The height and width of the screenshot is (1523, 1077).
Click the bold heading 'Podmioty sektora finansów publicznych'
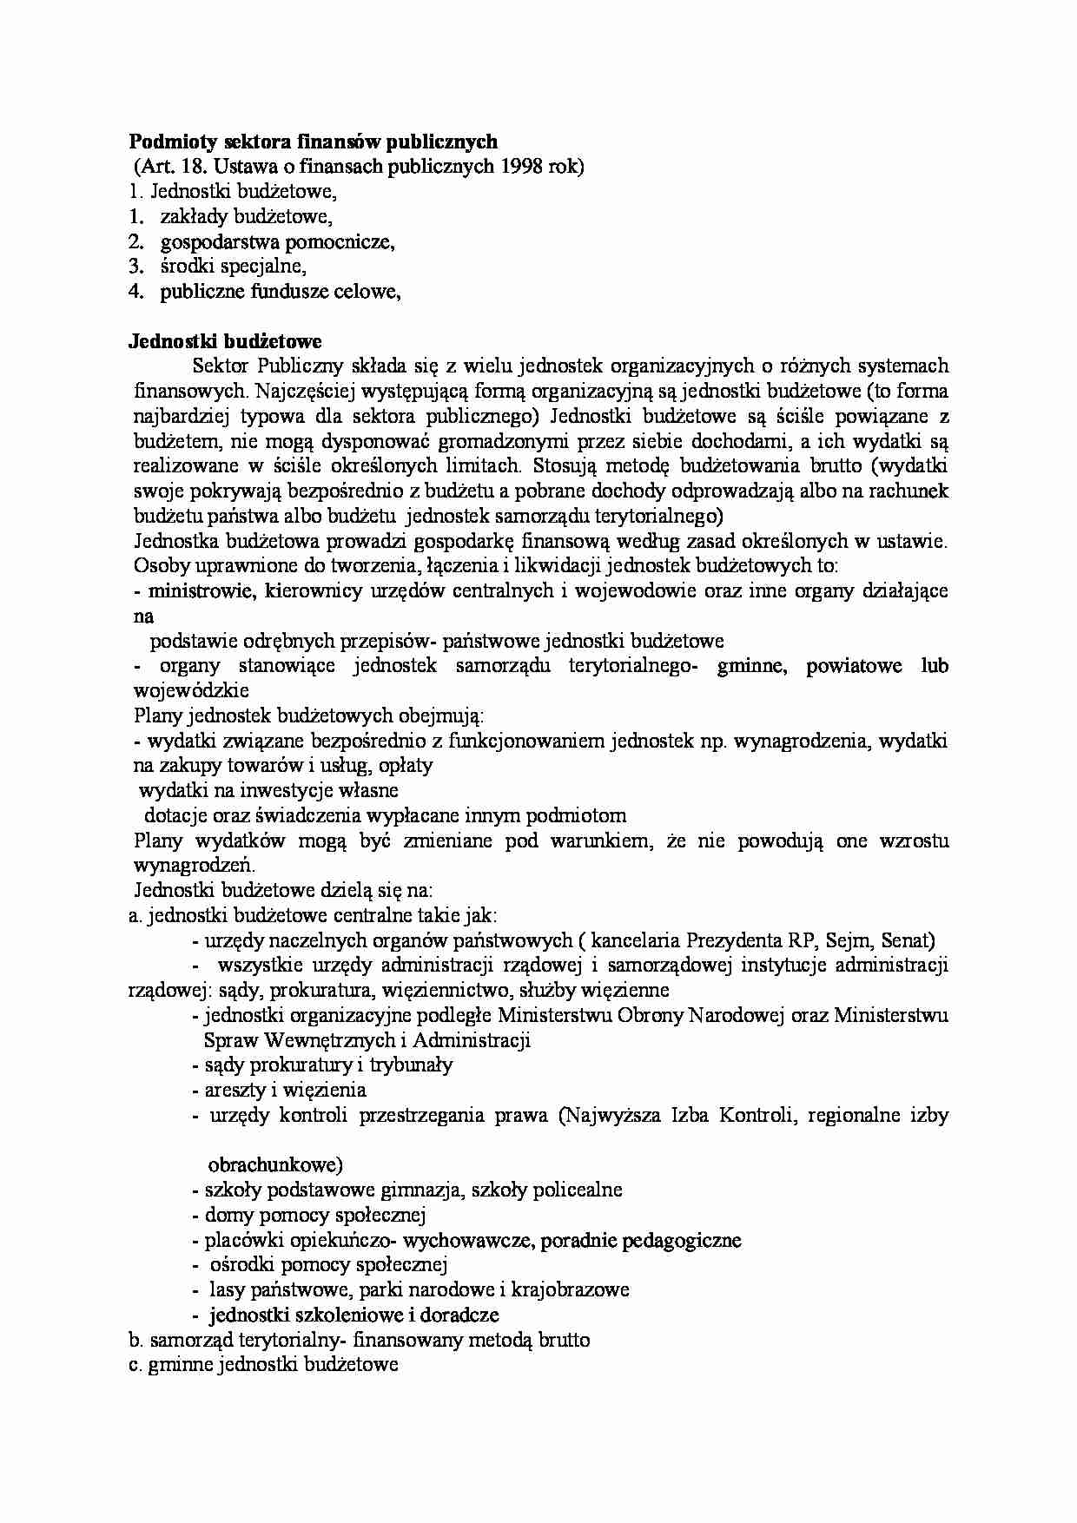point(313,142)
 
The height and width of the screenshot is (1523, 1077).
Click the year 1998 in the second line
point(525,167)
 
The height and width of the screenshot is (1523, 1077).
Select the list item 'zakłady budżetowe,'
point(246,217)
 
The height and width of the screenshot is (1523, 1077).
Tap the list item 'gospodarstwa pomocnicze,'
point(277,242)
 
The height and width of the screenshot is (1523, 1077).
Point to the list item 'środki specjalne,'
point(234,267)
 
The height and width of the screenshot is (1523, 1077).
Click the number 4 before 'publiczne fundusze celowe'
point(135,292)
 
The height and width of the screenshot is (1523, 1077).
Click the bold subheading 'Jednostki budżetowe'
point(225,341)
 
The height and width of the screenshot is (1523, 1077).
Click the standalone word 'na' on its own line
point(143,616)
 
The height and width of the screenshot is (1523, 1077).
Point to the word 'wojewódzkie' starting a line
point(190,691)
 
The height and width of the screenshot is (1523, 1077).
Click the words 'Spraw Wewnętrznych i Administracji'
point(367,1040)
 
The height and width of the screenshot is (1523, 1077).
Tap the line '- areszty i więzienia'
point(279,1091)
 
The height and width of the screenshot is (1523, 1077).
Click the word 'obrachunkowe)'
point(275,1165)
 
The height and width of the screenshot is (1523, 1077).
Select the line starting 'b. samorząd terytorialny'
point(359,1340)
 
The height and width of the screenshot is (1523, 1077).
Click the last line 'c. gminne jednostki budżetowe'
point(262,1365)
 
